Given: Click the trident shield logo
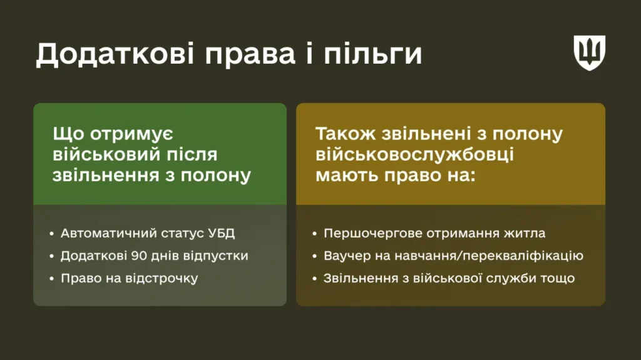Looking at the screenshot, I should click(x=590, y=52).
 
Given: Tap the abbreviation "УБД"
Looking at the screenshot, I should click(x=223, y=234).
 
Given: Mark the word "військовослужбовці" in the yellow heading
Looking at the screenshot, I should click(x=414, y=154).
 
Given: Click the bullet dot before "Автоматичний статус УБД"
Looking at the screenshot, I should click(x=51, y=234).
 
